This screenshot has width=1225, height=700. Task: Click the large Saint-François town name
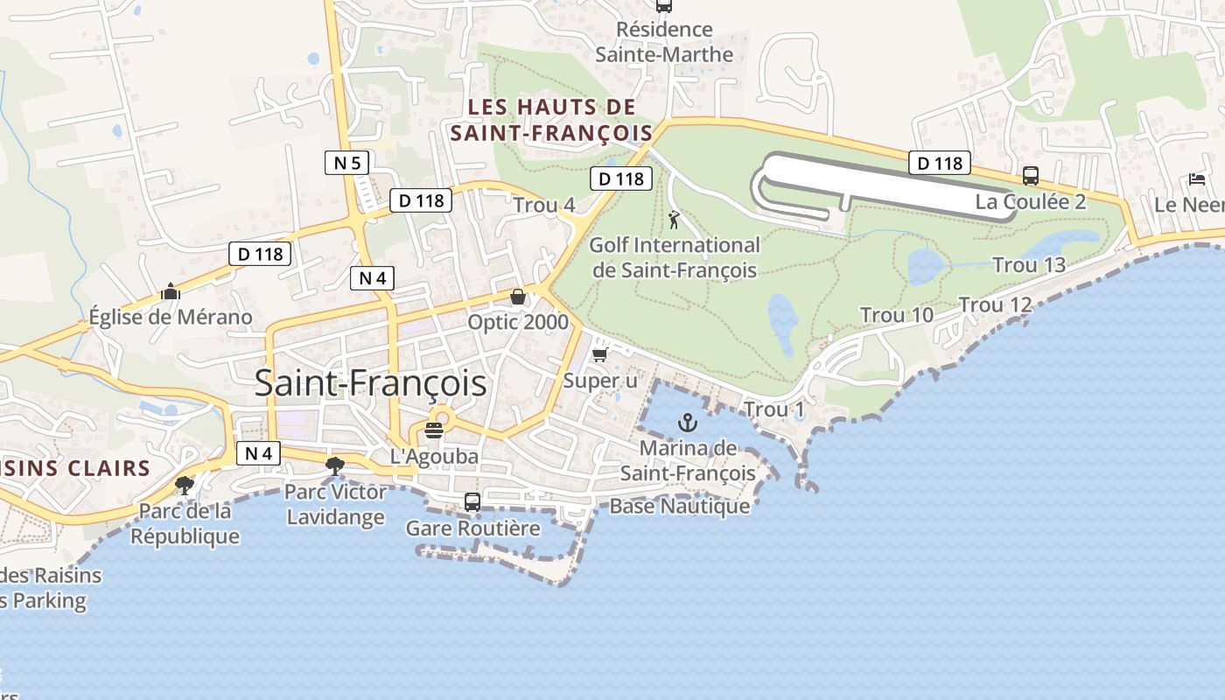pos(370,383)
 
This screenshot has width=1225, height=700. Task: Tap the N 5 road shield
pos(347,162)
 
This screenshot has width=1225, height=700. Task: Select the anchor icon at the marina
pos(688,423)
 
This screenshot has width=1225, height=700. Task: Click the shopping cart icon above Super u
pos(599,354)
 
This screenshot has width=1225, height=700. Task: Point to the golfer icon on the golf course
pos(674,220)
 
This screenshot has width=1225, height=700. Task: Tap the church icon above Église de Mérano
pos(171,291)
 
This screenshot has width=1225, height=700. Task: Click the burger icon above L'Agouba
pos(434,430)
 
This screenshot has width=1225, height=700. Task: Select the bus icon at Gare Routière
pos(472,502)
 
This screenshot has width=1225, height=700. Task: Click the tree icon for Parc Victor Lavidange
pos(334,465)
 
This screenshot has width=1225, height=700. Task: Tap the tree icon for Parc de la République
pos(185,484)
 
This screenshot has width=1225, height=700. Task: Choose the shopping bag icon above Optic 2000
pos(518,297)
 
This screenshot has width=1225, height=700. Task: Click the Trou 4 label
pos(544,205)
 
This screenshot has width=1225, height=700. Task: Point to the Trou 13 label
pos(1029,264)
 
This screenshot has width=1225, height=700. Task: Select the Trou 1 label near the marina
pos(773,409)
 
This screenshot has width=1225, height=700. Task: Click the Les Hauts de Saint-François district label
pos(551,120)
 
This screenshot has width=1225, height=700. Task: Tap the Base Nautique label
pos(679,506)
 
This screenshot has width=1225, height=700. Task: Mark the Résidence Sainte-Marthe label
pos(664,41)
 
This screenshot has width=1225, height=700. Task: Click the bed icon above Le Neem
pos(1197,179)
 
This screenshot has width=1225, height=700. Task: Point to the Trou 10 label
pos(897,315)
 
